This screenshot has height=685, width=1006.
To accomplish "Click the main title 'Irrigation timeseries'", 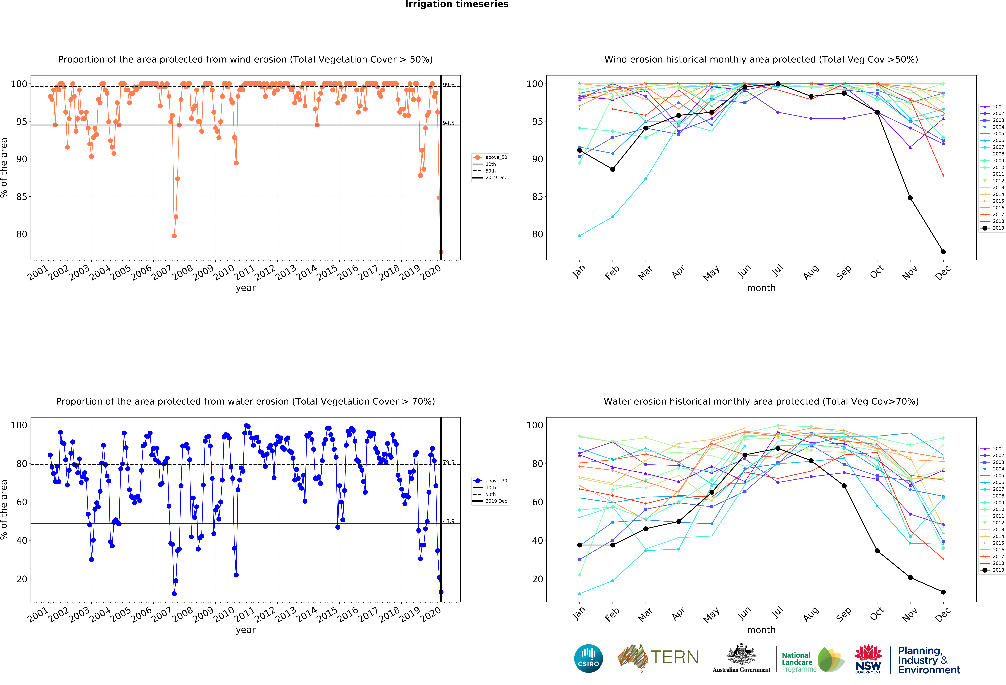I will pos(457,4).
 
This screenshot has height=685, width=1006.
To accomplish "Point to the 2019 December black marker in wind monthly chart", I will pos(943,252).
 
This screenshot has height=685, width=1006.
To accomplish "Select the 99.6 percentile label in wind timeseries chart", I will pos(448,85).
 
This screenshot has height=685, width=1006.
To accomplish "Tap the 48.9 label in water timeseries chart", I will pos(448,521).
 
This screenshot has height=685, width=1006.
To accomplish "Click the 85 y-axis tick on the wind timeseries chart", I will pos(22,197).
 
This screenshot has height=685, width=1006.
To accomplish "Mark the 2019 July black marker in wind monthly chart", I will pos(778,84).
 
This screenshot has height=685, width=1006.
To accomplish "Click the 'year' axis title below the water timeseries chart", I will pos(245,630).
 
